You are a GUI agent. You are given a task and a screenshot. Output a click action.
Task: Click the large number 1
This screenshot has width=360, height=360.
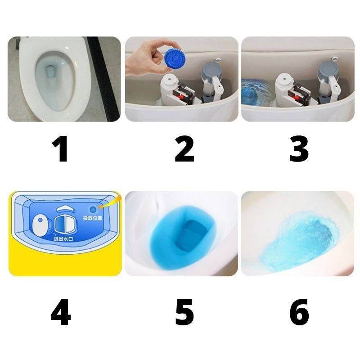pyautogui.click(x=60, y=149)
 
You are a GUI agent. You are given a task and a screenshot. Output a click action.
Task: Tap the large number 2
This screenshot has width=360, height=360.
pyautogui.click(x=184, y=149)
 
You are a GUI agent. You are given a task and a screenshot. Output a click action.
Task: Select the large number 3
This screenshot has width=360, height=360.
pyautogui.click(x=299, y=149)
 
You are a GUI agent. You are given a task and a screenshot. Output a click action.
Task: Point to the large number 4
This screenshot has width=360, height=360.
pyautogui.click(x=61, y=312)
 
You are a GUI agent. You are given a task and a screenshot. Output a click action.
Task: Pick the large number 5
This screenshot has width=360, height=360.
pyautogui.click(x=184, y=312)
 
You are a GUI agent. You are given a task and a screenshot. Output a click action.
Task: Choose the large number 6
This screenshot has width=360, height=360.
pyautogui.click(x=299, y=312)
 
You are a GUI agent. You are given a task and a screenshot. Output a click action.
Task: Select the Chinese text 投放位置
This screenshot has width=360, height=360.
pyautogui.click(x=93, y=218)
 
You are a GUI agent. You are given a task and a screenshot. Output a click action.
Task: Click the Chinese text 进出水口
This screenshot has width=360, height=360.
pyautogui.click(x=63, y=239)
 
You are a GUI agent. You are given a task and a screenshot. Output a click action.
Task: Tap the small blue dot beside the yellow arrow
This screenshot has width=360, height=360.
pyautogui.click(x=93, y=209)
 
